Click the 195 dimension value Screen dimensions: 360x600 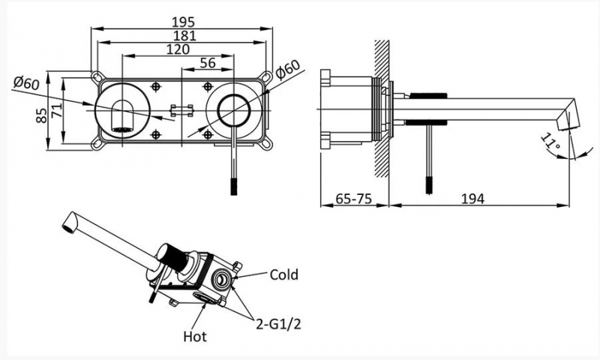pyautogui.click(x=184, y=21)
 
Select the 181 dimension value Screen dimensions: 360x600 pyautogui.click(x=184, y=35)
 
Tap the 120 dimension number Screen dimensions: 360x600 pyautogui.click(x=177, y=49)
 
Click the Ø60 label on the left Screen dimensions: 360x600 pyautogui.click(x=27, y=82)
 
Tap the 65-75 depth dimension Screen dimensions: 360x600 pyautogui.click(x=353, y=199)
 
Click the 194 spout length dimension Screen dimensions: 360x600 pyautogui.click(x=472, y=199)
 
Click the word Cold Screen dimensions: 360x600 pyautogui.click(x=284, y=274)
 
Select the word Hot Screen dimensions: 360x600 pyautogui.click(x=195, y=337)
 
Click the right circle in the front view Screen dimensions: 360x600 pyautogui.click(x=234, y=111)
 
